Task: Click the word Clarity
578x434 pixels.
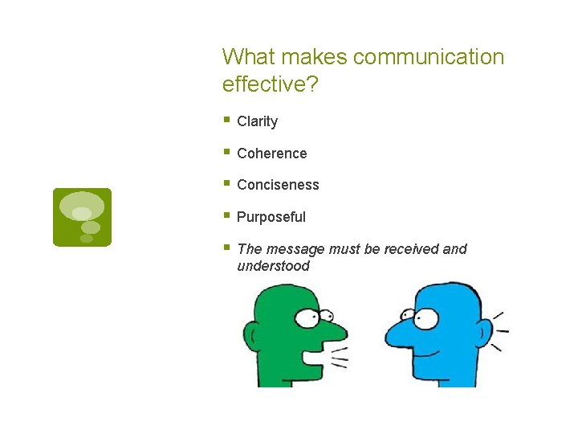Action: point(257,121)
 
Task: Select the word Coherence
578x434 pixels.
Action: point(271,154)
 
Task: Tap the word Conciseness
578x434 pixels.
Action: point(278,185)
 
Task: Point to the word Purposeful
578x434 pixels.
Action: point(271,217)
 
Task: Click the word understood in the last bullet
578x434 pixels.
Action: point(273,266)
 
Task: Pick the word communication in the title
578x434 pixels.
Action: point(428,57)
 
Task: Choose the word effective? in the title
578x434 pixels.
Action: point(270,84)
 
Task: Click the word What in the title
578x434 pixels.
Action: point(246,57)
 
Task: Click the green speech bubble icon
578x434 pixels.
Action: point(82,217)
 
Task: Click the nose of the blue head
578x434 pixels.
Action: point(395,331)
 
